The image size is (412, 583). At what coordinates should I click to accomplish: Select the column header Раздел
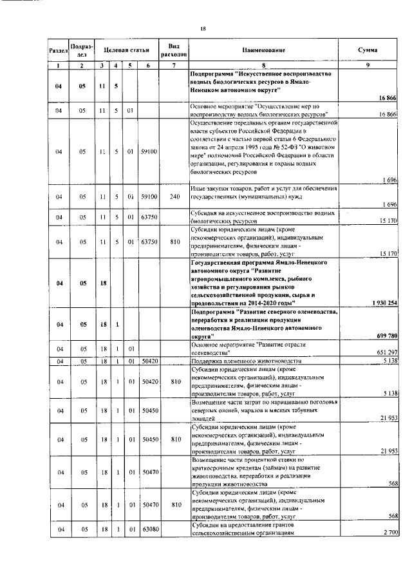point(58,50)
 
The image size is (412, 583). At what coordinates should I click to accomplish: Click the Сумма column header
point(368,50)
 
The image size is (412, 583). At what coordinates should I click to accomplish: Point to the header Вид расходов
point(173,50)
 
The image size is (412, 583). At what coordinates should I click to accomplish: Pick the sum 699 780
point(384,335)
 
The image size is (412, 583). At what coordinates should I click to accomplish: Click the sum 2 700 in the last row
point(388,532)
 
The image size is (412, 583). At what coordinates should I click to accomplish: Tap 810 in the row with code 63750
point(174,242)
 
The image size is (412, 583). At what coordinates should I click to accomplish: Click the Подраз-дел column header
point(82,50)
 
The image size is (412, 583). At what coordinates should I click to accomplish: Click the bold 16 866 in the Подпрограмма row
point(386,97)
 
